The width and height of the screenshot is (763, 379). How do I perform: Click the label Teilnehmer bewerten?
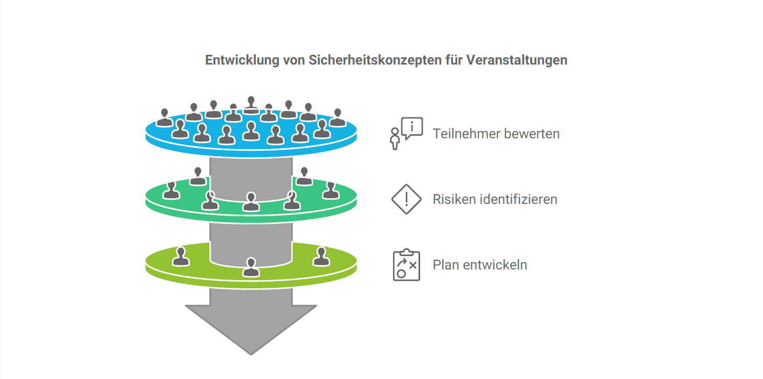coord(496,134)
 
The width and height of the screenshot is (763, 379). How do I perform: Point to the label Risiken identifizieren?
coord(494,199)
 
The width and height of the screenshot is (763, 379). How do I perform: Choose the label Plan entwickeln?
coord(479,265)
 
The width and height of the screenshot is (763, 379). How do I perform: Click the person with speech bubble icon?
coord(406,133)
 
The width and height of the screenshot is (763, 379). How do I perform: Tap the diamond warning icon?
coord(406,199)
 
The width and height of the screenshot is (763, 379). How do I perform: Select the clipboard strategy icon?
coord(406,265)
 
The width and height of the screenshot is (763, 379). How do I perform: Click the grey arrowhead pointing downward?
coord(251,328)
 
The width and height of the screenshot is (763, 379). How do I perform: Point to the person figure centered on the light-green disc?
coord(251,267)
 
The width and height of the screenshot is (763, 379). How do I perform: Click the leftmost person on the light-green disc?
coord(181,257)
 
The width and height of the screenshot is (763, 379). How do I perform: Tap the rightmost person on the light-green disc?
coord(321,257)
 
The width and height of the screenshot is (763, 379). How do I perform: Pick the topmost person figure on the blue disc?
coord(251,104)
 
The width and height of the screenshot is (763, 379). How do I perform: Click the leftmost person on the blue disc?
coord(164,117)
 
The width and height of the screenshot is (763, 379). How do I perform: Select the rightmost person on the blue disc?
coord(337,117)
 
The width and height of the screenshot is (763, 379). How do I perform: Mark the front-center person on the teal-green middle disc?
coord(251,201)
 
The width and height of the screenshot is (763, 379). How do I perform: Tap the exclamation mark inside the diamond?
coord(406,198)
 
